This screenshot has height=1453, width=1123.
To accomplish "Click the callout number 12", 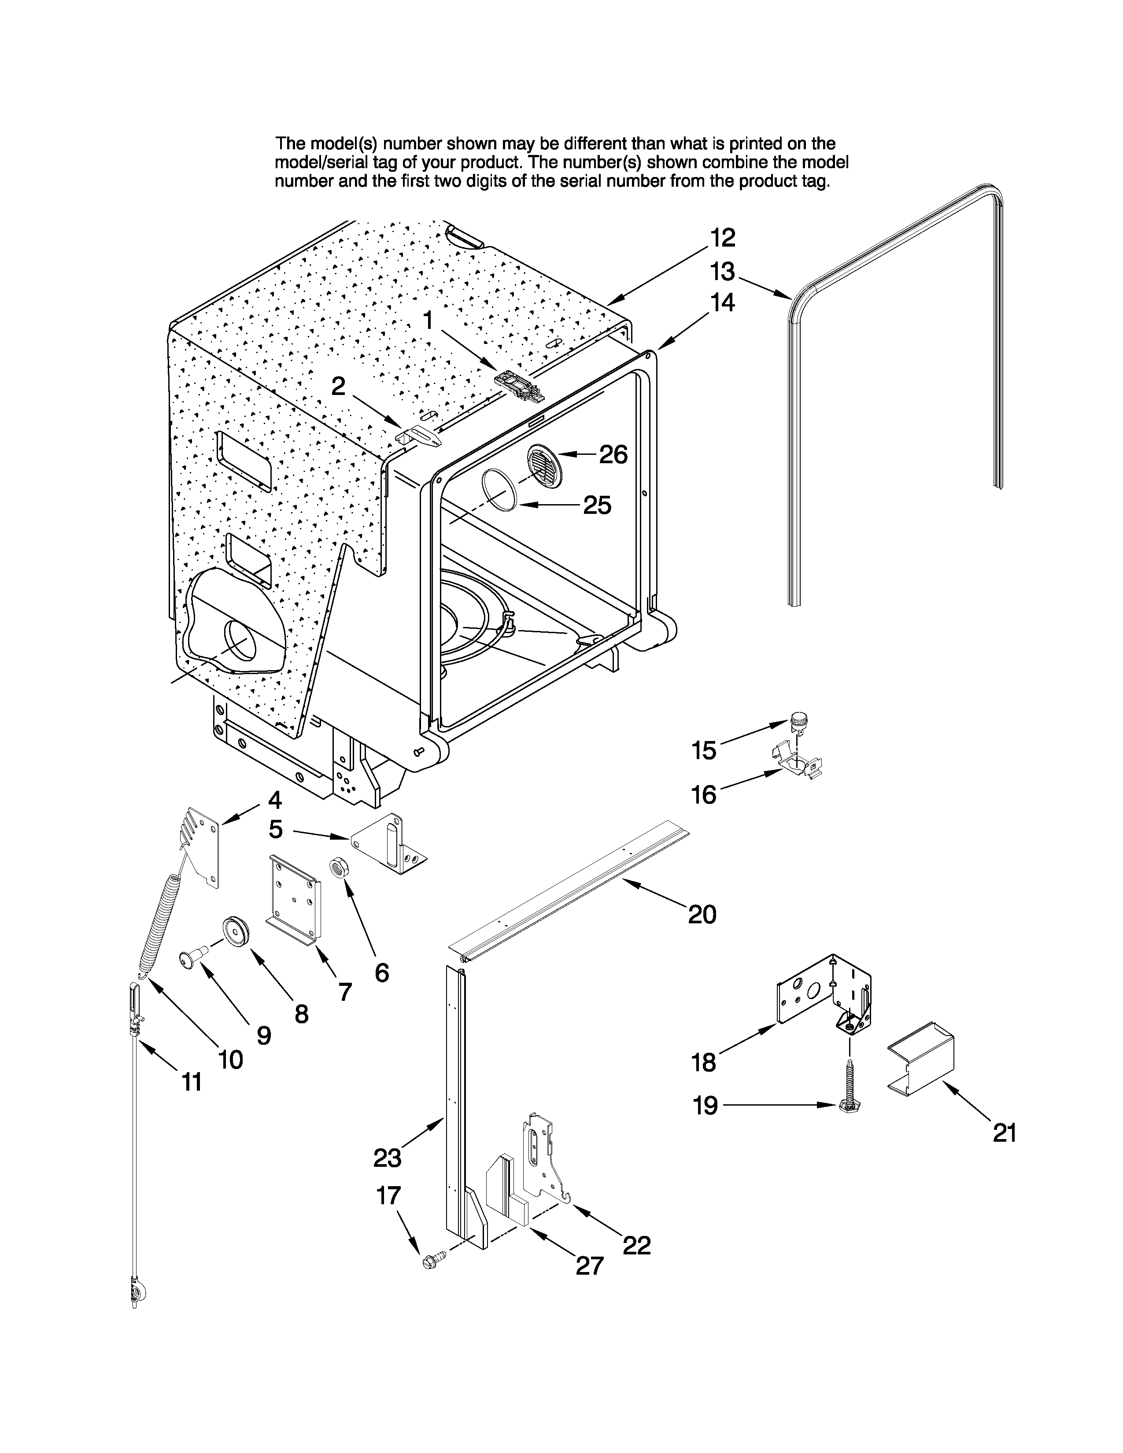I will [722, 237].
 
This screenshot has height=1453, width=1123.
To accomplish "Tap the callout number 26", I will [613, 454].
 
